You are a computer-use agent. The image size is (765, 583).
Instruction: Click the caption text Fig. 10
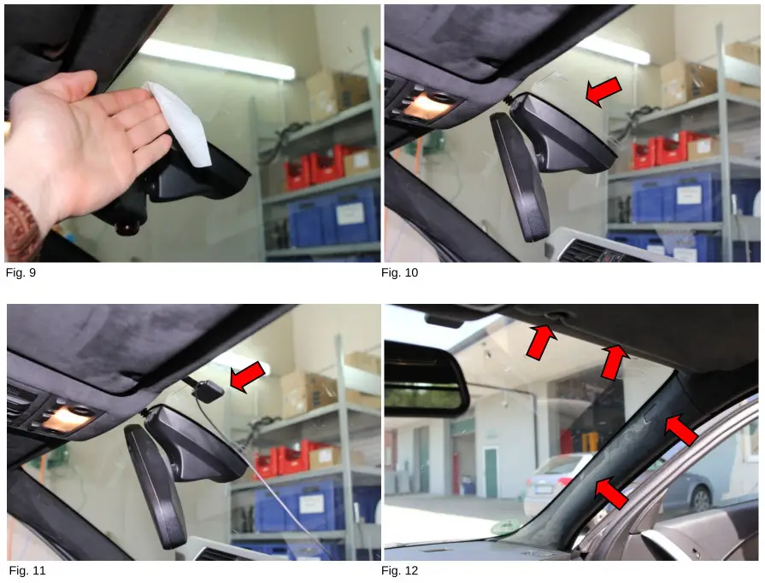click(401, 273)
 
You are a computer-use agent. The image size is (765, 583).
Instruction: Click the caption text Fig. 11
click(26, 571)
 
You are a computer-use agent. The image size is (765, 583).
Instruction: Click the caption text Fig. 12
click(401, 571)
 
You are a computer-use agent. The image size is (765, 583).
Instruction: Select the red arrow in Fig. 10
click(602, 92)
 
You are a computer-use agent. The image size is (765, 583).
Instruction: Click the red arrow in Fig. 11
click(249, 376)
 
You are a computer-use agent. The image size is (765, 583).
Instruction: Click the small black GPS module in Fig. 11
click(209, 391)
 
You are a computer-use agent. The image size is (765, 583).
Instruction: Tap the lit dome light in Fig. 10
click(427, 107)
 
